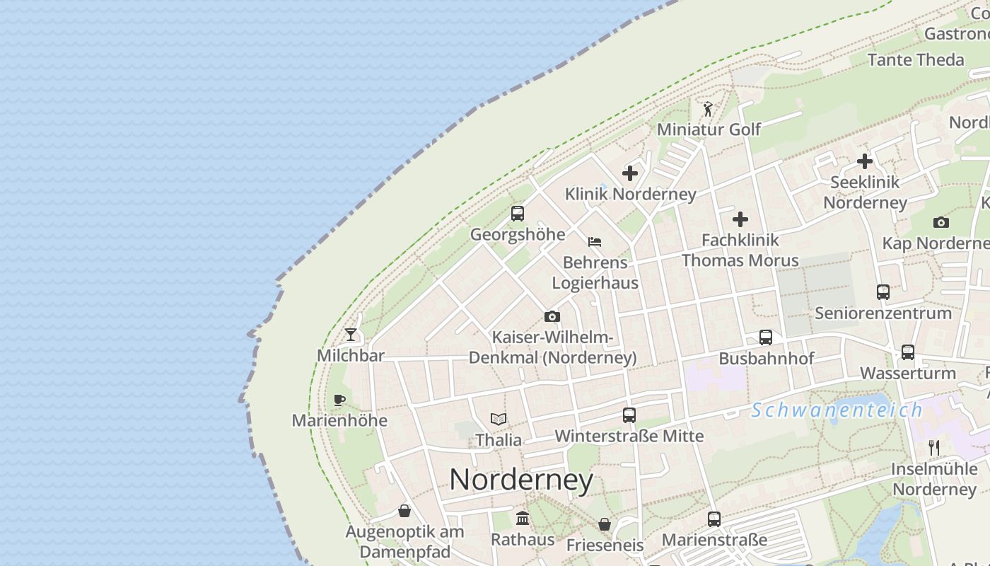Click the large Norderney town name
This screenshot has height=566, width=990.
(x=521, y=480)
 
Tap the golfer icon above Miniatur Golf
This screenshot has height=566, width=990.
(x=708, y=109)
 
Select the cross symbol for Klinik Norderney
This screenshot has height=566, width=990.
(x=629, y=173)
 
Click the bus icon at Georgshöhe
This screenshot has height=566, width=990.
(x=518, y=214)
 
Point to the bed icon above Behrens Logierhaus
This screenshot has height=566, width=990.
(x=595, y=242)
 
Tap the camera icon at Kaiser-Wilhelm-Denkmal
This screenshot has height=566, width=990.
(x=552, y=316)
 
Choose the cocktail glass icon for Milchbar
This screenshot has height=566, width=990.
(x=351, y=334)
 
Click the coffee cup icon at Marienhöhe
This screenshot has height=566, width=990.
(x=339, y=400)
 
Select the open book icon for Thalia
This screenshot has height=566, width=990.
(x=499, y=419)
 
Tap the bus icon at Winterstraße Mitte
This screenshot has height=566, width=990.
(x=629, y=415)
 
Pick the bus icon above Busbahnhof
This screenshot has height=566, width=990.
(x=766, y=337)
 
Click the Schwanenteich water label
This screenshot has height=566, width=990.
(x=837, y=410)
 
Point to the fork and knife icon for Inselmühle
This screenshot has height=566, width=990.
(x=934, y=447)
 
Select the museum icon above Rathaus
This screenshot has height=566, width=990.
(x=523, y=519)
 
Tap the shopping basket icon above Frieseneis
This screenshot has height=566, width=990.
(x=605, y=524)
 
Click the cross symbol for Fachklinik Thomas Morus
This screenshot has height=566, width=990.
(x=740, y=219)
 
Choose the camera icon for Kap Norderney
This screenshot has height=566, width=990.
(x=940, y=222)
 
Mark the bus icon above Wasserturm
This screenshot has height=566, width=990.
(x=908, y=352)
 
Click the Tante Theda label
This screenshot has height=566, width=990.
(x=916, y=59)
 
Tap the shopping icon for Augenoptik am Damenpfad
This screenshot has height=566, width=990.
(x=404, y=510)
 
